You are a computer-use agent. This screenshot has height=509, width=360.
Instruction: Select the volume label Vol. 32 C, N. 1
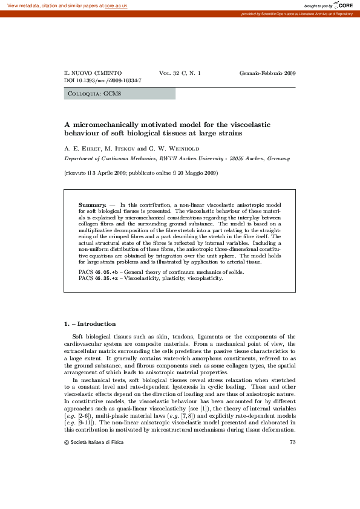pos(180,73)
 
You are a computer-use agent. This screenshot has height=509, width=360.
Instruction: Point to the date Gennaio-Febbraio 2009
pos(267,73)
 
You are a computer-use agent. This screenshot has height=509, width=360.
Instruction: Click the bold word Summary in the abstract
pos(92,206)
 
